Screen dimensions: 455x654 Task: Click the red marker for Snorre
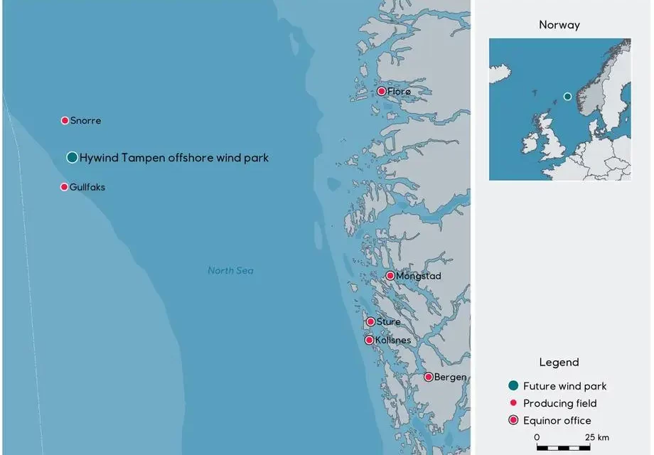coord(65,121)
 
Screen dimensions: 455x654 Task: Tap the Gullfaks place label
coord(87,187)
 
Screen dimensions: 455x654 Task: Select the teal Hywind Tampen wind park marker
coord(72,157)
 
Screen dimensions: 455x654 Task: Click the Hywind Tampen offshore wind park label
coord(174,158)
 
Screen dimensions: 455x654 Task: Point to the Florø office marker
coord(382,91)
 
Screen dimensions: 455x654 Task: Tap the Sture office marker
coord(370,321)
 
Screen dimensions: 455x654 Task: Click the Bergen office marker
coord(429,377)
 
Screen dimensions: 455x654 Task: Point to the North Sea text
coord(231,271)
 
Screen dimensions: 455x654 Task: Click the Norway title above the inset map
coord(559,25)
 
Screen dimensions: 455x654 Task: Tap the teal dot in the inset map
coord(567,96)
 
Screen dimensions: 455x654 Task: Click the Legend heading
coord(559,363)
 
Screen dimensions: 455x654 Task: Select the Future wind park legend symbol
coord(513,386)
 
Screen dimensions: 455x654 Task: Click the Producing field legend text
coord(559,403)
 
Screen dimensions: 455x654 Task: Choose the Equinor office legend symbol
coord(513,420)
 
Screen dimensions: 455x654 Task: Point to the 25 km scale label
coord(597,437)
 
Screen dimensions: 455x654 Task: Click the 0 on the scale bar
coord(537,437)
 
